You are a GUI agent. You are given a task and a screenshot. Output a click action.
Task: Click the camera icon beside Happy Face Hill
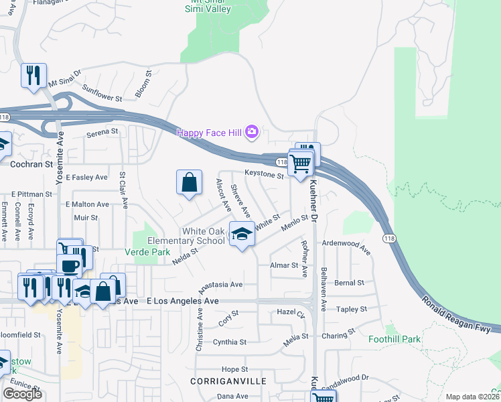(x=252, y=132)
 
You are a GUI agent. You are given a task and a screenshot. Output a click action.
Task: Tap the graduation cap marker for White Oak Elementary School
(x=242, y=234)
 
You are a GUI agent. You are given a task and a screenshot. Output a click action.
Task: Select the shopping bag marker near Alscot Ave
(x=190, y=182)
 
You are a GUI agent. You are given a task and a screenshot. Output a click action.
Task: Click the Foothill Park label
(x=395, y=339)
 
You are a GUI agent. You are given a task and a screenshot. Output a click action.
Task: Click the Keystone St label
(x=264, y=174)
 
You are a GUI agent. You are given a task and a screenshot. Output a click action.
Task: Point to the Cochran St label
(x=31, y=163)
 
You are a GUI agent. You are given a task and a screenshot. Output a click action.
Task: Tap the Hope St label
(x=234, y=369)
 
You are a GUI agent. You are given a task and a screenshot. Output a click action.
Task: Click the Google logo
(x=22, y=394)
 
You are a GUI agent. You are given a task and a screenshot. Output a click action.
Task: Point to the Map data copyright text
(x=472, y=397)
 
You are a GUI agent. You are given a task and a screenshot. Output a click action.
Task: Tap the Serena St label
(x=102, y=133)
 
